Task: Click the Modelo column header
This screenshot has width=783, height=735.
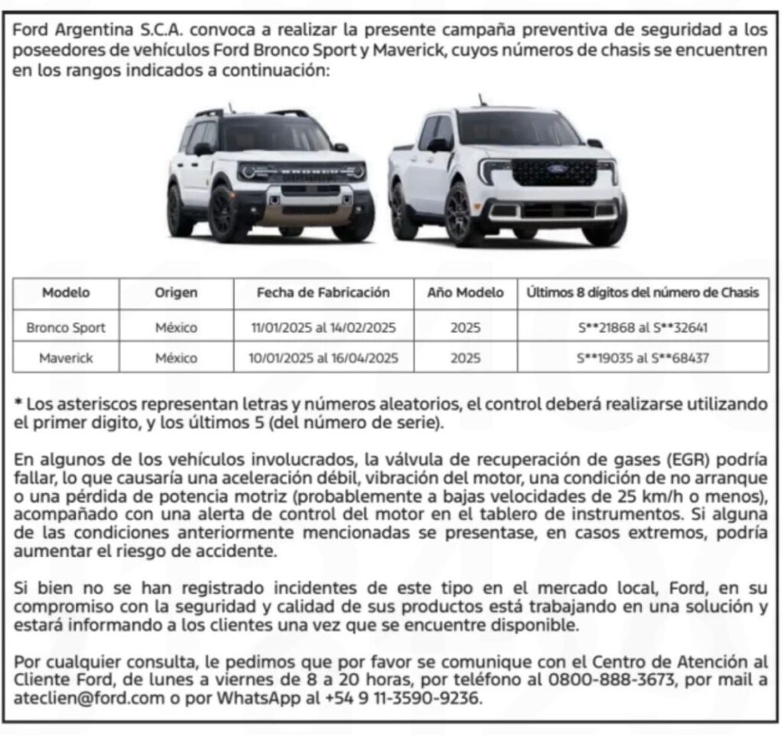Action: coord(66,292)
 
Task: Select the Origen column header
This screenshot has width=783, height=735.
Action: coord(176,292)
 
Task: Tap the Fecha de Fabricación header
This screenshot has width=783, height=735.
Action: coord(323,292)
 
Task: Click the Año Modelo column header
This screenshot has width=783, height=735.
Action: coord(466,292)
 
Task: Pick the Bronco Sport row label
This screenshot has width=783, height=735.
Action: coord(66,328)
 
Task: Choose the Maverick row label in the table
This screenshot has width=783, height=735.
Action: coord(66,358)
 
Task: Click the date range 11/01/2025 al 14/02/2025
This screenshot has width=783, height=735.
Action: coord(323,328)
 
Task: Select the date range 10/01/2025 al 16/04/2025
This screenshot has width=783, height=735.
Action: coord(323,358)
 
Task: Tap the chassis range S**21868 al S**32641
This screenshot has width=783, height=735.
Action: coord(642,328)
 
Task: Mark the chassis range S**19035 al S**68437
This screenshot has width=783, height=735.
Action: coord(642,358)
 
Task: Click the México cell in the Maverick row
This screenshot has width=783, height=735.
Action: coord(176,358)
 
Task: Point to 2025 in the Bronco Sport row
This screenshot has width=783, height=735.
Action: coord(466,328)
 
